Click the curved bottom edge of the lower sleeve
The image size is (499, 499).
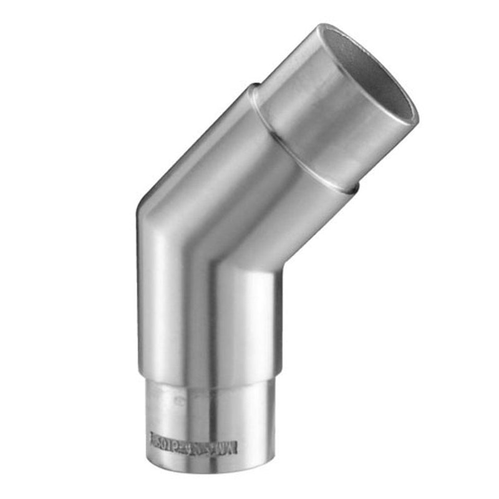click(x=209, y=483)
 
